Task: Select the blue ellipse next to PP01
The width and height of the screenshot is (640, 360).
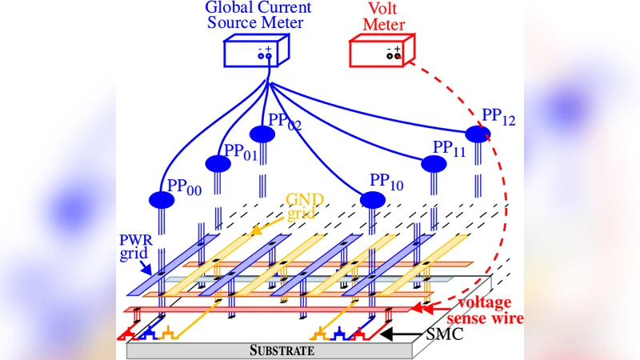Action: (218, 164)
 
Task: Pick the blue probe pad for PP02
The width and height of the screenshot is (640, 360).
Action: (262, 133)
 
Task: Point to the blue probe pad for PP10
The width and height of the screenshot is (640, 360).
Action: (372, 199)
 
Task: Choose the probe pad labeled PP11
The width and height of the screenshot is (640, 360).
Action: (434, 164)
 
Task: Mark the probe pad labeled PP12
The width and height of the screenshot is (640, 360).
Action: (478, 134)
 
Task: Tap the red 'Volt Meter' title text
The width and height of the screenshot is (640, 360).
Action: (383, 16)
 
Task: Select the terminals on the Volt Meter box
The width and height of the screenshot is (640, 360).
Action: (394, 53)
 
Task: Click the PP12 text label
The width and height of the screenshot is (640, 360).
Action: (498, 118)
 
